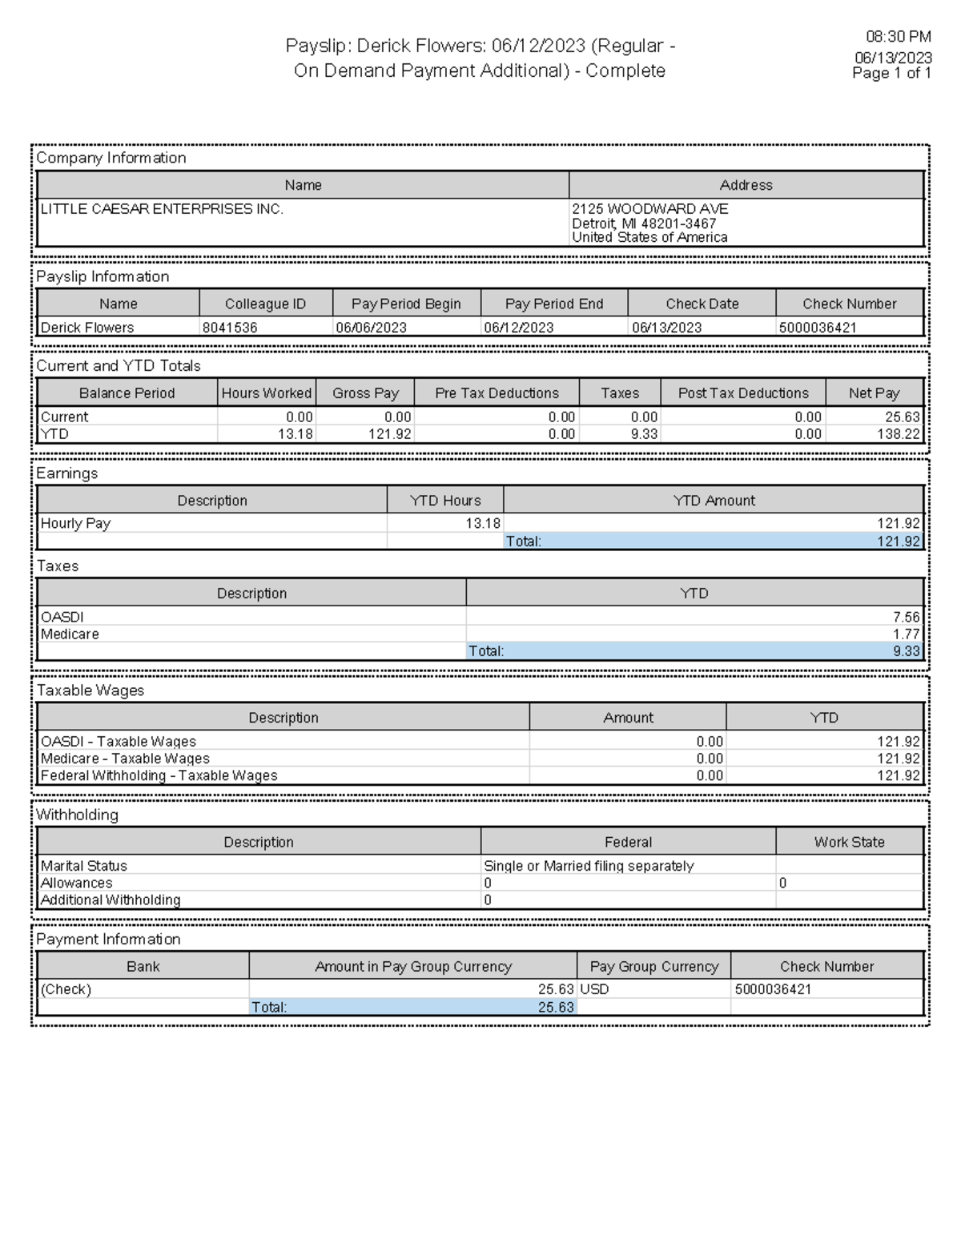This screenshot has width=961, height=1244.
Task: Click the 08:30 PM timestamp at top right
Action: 898,37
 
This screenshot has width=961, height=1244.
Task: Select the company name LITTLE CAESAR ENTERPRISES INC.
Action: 162,209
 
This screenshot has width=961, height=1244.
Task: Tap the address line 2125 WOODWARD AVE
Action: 649,209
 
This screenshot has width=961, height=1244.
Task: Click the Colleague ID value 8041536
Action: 230,328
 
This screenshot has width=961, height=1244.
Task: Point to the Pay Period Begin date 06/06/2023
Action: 371,328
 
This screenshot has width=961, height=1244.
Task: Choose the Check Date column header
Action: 702,304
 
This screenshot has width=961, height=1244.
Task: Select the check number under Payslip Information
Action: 817,328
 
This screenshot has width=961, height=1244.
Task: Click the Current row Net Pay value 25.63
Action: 902,417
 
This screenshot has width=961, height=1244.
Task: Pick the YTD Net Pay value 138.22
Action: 899,434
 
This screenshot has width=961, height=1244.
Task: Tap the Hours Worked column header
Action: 266,393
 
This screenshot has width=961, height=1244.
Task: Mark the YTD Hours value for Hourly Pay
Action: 483,524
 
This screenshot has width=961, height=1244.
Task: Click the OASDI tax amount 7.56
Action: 906,618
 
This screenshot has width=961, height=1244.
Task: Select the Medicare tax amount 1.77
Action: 906,634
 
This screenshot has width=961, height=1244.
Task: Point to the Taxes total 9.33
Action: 906,651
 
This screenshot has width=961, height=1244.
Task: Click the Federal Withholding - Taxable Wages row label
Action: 159,775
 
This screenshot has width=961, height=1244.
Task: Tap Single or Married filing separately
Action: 589,866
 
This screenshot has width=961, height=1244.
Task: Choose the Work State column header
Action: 849,842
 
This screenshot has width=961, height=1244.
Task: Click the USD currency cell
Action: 594,989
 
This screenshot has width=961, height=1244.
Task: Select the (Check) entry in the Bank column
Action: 66,989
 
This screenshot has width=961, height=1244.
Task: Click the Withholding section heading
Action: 77,815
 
